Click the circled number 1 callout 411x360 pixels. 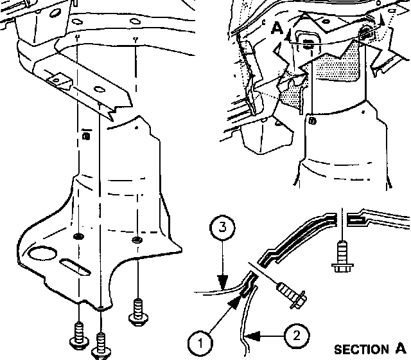tap(200, 343)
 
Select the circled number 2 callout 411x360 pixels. tap(297, 336)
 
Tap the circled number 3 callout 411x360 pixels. tap(222, 227)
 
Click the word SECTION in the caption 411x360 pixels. tap(361, 350)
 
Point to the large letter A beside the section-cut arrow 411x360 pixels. tap(277, 28)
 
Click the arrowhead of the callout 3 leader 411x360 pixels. tap(223, 282)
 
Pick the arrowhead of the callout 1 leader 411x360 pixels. tap(235, 301)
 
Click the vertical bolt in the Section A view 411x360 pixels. tap(342, 256)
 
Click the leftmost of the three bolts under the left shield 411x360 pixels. tap(79, 336)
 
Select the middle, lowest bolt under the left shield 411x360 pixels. tap(101, 346)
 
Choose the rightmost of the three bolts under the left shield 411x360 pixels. tap(138, 312)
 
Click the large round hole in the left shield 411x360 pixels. tap(42, 253)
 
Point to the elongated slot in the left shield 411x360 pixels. tap(75, 267)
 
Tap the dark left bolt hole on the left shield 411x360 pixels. tap(78, 237)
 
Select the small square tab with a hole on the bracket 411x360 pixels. tap(59, 80)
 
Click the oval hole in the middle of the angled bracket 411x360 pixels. tap(99, 89)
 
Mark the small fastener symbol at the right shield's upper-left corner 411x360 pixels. tap(313, 122)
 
